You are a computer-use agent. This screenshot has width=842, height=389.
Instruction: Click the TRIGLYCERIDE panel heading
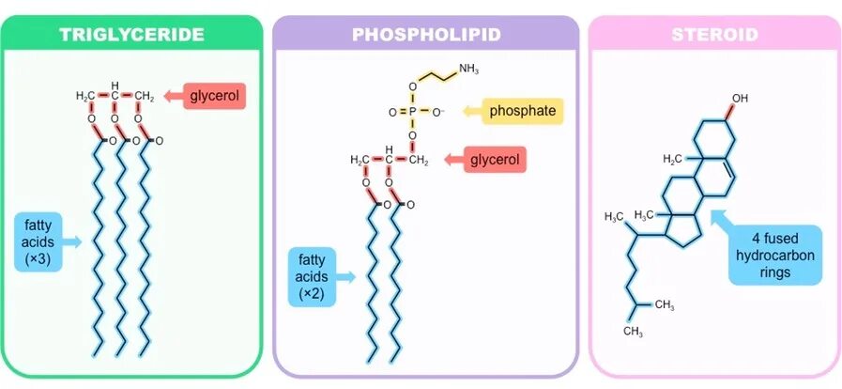[131, 36]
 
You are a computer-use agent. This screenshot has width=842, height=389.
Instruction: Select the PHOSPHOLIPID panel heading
[425, 36]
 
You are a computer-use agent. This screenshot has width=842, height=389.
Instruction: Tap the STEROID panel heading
[714, 36]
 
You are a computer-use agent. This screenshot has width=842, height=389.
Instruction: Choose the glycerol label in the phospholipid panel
[496, 160]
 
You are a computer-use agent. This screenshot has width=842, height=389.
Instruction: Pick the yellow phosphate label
[524, 112]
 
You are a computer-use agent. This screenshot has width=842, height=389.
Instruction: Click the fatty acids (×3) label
[38, 241]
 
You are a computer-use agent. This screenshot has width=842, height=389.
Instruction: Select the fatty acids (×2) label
[311, 276]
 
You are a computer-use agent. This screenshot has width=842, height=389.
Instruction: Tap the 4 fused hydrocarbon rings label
[775, 254]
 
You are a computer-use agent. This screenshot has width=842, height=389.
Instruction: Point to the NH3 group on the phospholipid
[468, 70]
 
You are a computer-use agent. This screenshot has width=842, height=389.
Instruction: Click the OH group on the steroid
[740, 98]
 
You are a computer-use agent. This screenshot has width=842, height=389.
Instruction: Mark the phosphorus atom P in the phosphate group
[412, 112]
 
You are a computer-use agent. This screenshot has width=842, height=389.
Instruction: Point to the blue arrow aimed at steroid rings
[721, 223]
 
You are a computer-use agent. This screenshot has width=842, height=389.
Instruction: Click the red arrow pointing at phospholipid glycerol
[452, 161]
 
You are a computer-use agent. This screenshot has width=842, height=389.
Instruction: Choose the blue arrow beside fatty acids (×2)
[346, 276]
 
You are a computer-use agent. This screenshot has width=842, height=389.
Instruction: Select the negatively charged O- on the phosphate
[437, 112]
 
